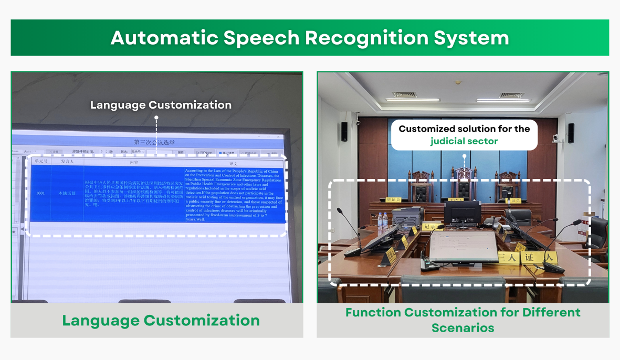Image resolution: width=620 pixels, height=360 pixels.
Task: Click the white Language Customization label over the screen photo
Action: click(x=161, y=105)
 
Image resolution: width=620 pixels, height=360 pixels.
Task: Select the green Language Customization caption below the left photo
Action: click(x=161, y=321)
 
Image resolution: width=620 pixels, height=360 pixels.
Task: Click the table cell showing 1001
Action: click(x=40, y=193)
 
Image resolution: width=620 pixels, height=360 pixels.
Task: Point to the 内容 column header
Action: click(x=134, y=162)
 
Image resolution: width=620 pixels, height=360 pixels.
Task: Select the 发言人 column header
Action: click(x=67, y=162)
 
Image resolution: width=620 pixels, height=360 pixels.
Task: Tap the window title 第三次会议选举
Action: click(x=154, y=142)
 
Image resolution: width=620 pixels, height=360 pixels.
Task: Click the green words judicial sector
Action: click(x=464, y=141)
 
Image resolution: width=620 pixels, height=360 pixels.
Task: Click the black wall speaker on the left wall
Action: click(x=344, y=132)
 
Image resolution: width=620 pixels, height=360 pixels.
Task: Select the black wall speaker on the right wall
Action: click(x=571, y=133)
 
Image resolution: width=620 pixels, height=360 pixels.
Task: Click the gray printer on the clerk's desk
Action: click(x=407, y=214)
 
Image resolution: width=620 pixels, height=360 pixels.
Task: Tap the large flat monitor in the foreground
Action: click(x=464, y=246)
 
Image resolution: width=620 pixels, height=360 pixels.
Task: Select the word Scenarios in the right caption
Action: click(x=463, y=328)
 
